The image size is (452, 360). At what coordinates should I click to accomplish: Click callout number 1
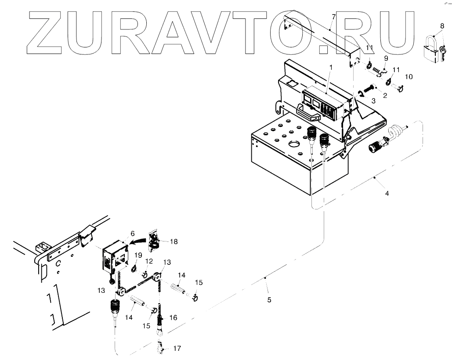coord(330,67)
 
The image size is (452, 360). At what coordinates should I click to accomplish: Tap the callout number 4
coord(387,193)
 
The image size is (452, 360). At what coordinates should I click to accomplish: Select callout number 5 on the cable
coord(269,300)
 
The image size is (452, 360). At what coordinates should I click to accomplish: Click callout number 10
coord(409,77)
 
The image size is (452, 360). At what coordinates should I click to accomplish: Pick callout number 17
coord(176,349)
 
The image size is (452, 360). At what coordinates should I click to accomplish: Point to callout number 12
coord(149,261)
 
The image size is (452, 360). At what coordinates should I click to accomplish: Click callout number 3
coord(373,101)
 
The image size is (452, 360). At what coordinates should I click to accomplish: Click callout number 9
coord(386,58)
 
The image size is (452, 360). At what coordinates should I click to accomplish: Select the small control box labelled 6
coord(115,259)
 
